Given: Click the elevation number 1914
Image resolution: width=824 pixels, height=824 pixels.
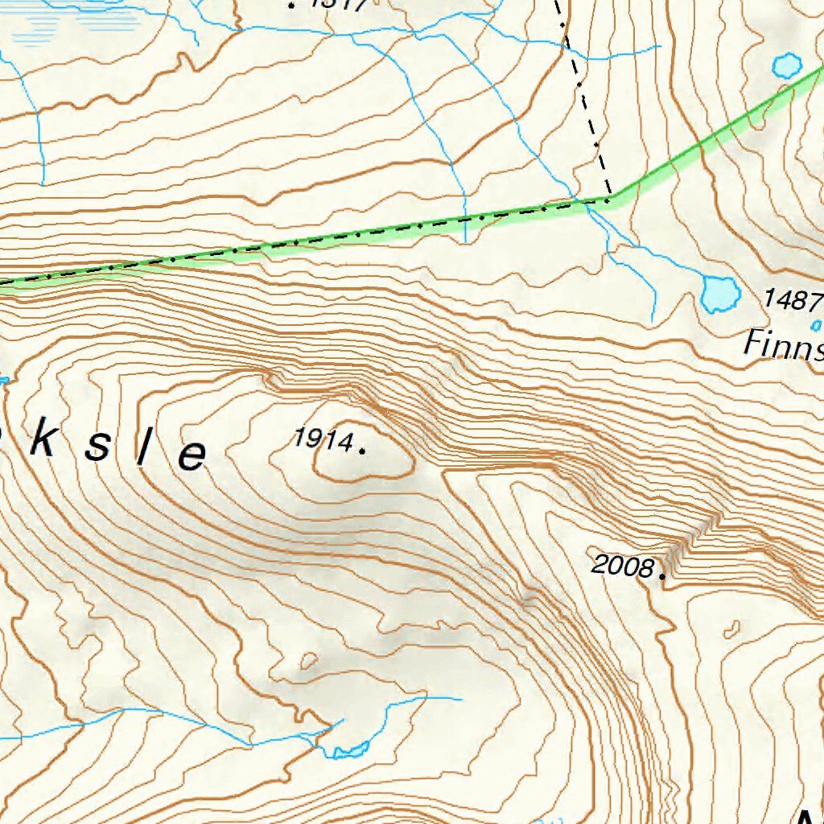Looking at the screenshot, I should tap(323, 439).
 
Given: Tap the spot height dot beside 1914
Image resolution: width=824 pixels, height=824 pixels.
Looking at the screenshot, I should tap(362, 451).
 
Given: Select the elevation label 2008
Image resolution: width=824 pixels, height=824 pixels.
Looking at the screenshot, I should tap(622, 566).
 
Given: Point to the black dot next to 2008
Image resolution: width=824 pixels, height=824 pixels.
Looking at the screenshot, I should tap(662, 576).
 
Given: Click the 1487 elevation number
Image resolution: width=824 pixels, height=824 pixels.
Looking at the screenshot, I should tap(793, 300).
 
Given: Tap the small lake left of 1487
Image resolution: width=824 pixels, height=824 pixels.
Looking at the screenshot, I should tap(720, 294).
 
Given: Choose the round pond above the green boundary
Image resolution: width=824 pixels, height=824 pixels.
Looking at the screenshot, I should tap(786, 64).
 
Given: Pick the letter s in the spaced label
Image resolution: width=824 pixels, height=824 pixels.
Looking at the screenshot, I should tap(97, 447).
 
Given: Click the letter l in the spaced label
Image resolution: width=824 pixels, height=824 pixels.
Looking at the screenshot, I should tap(142, 451).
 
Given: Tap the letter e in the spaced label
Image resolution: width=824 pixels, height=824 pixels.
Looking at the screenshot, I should tap(192, 457).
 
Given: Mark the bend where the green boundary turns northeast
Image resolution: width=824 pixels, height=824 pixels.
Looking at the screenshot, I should tap(610, 197).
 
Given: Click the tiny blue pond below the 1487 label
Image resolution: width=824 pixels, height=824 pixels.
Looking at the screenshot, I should tap(814, 325).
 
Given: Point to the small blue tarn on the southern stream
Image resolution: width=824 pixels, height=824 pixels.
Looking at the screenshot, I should tap(350, 752).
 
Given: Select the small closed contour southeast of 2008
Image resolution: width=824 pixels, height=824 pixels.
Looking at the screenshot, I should tap(731, 628).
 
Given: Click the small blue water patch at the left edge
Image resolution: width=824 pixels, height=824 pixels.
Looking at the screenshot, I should tap(4, 378).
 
